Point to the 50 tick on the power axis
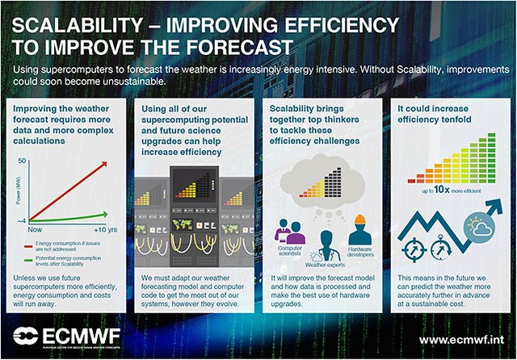tap(22, 161)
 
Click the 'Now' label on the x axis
tap(35, 230)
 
